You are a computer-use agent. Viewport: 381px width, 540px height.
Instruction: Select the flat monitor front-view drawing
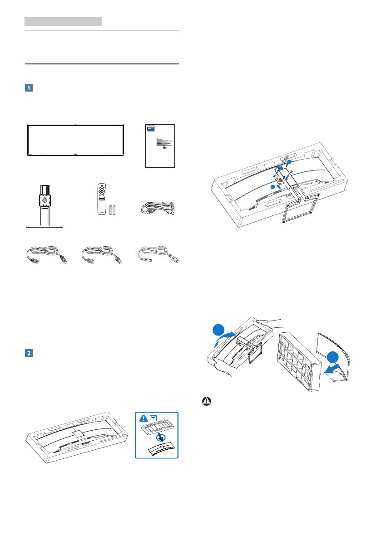coord(75,141)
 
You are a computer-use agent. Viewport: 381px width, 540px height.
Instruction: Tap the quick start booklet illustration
coord(159,146)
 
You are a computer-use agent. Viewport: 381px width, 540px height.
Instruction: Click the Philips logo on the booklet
coord(150,127)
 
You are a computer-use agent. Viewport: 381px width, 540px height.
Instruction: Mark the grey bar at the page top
coord(63,21)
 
